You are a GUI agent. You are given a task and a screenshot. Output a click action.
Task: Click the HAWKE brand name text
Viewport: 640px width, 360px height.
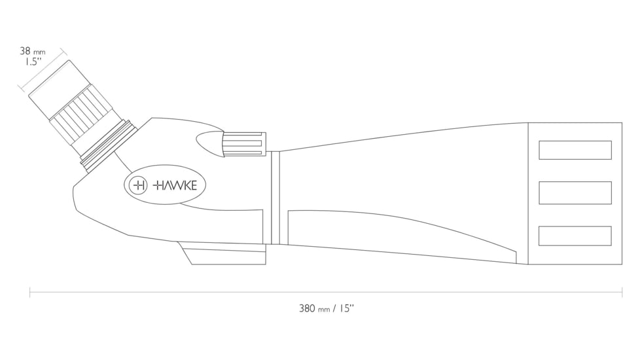tap(175, 185)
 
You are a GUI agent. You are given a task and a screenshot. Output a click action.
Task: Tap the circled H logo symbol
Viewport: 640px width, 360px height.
tap(139, 185)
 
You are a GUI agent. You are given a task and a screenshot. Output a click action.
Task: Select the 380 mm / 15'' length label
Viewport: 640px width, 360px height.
tap(326, 308)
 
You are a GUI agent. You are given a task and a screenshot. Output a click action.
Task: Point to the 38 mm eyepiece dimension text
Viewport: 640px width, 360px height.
tap(32, 51)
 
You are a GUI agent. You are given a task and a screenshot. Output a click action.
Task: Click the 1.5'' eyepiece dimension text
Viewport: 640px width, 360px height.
tap(30, 62)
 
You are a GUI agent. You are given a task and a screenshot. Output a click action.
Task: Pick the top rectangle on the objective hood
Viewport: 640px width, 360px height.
tap(575, 150)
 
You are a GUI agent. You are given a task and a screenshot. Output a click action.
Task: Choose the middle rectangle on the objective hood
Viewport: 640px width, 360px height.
tap(575, 193)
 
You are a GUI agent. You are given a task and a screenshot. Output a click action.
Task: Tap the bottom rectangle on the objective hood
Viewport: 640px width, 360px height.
tap(575, 236)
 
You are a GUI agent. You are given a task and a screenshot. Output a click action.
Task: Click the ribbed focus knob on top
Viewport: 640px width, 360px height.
tap(243, 145)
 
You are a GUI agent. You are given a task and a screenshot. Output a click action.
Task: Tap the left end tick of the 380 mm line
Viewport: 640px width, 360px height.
tap(30, 292)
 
